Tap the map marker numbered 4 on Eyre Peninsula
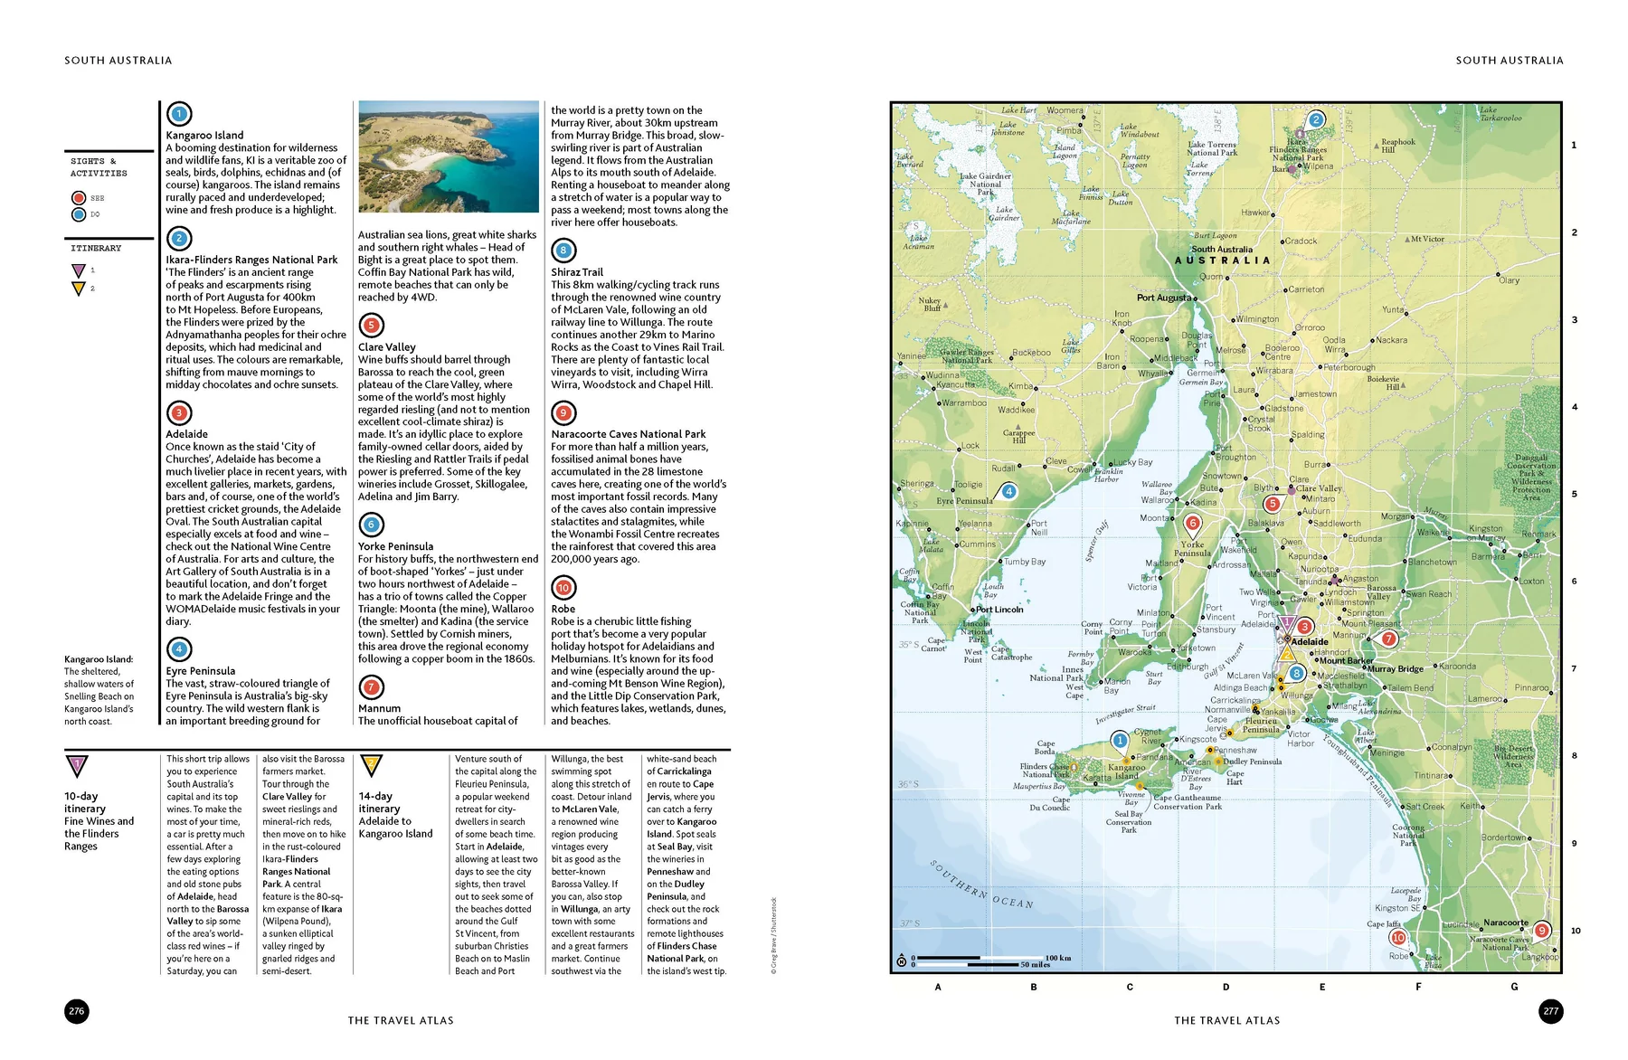[x=1008, y=492]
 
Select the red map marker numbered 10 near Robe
[x=1398, y=938]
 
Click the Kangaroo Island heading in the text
[x=204, y=135]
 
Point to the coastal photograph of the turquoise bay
[x=449, y=156]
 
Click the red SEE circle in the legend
[x=79, y=198]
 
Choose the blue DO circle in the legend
[x=79, y=214]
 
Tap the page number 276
[x=77, y=1011]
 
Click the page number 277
[x=1550, y=1011]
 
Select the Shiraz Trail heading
[x=577, y=272]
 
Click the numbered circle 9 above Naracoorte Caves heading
[x=563, y=413]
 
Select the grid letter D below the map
[x=1226, y=987]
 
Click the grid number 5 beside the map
[x=1574, y=495]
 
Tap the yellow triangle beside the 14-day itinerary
[x=371, y=766]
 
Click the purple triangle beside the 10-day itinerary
[x=77, y=766]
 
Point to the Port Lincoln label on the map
[x=999, y=610]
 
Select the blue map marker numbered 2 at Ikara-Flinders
[x=1316, y=119]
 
